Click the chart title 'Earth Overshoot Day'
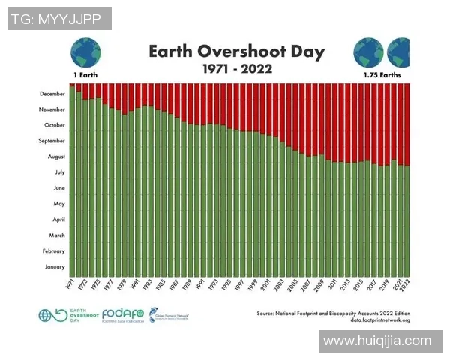[236, 51]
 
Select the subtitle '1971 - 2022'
[236, 68]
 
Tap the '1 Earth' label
[85, 76]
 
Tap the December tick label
[51, 94]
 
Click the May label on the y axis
[58, 204]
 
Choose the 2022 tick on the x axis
[406, 284]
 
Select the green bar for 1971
[73, 180]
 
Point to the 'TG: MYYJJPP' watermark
[58, 19]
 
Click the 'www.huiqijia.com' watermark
[377, 341]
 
